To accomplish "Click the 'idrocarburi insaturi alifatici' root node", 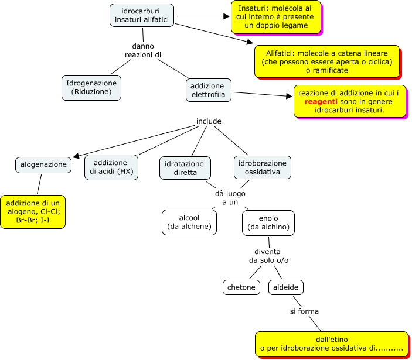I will (142, 15).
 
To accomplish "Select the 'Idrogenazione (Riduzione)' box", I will (91, 87).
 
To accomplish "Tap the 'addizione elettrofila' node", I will (208, 90).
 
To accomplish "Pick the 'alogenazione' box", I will (44, 165).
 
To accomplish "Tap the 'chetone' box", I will (241, 287).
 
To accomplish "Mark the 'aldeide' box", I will (286, 287).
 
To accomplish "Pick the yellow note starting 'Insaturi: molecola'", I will (275, 18).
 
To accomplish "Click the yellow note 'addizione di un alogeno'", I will (33, 211).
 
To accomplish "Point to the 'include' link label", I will (209, 121).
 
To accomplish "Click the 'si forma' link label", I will (304, 311).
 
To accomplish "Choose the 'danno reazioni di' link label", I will (143, 50).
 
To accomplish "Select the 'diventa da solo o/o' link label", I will (268, 255).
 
